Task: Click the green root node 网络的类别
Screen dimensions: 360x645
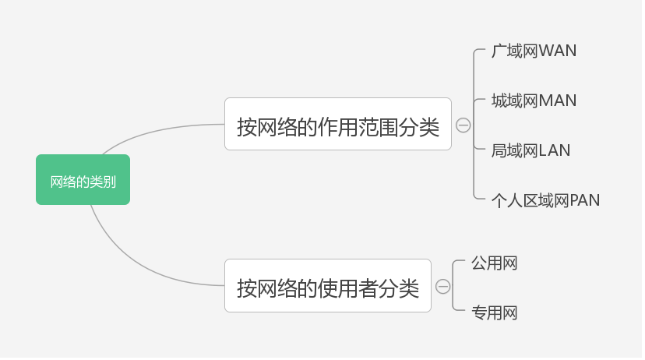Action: (83, 180)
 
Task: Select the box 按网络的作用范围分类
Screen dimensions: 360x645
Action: (337, 124)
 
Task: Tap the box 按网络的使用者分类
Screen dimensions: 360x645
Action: (327, 286)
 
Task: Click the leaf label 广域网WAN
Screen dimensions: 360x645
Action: (534, 51)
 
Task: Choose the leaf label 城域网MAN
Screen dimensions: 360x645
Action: (534, 101)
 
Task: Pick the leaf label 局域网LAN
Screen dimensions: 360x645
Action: (530, 150)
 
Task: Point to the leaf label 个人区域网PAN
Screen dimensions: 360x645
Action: (545, 200)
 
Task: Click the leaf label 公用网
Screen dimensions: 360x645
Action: (495, 263)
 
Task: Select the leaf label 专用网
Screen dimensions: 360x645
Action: (495, 313)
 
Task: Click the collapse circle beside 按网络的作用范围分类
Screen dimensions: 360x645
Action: (463, 125)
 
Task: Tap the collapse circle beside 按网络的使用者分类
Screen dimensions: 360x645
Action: (442, 287)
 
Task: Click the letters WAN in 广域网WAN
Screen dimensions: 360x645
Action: (558, 51)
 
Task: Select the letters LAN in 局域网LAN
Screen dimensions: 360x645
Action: (555, 150)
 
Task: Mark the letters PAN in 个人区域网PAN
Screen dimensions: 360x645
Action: (585, 200)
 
